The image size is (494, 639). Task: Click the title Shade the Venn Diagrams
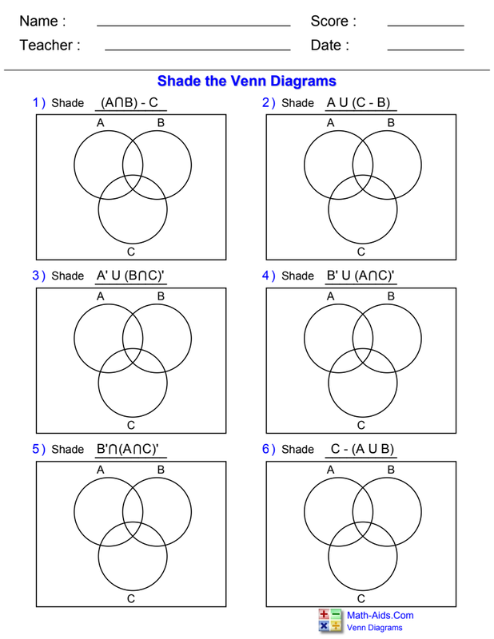point(246,81)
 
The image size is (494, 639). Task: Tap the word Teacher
point(50,46)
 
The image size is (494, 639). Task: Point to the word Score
point(333,22)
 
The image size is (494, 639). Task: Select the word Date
point(329,46)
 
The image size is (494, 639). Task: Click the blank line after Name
point(193,26)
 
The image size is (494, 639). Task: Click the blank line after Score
point(425,26)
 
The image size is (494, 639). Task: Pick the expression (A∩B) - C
point(129,102)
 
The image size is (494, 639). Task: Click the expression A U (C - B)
point(361,102)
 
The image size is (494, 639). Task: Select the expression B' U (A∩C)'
point(361,276)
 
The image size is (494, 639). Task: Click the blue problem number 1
point(37,102)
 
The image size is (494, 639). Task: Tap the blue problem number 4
point(266,276)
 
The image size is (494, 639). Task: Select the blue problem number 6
point(266,449)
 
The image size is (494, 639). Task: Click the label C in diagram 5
point(131,598)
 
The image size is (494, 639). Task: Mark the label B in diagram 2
point(391,123)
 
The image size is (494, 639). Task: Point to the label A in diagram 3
point(101,296)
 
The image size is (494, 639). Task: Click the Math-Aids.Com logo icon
point(329,621)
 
